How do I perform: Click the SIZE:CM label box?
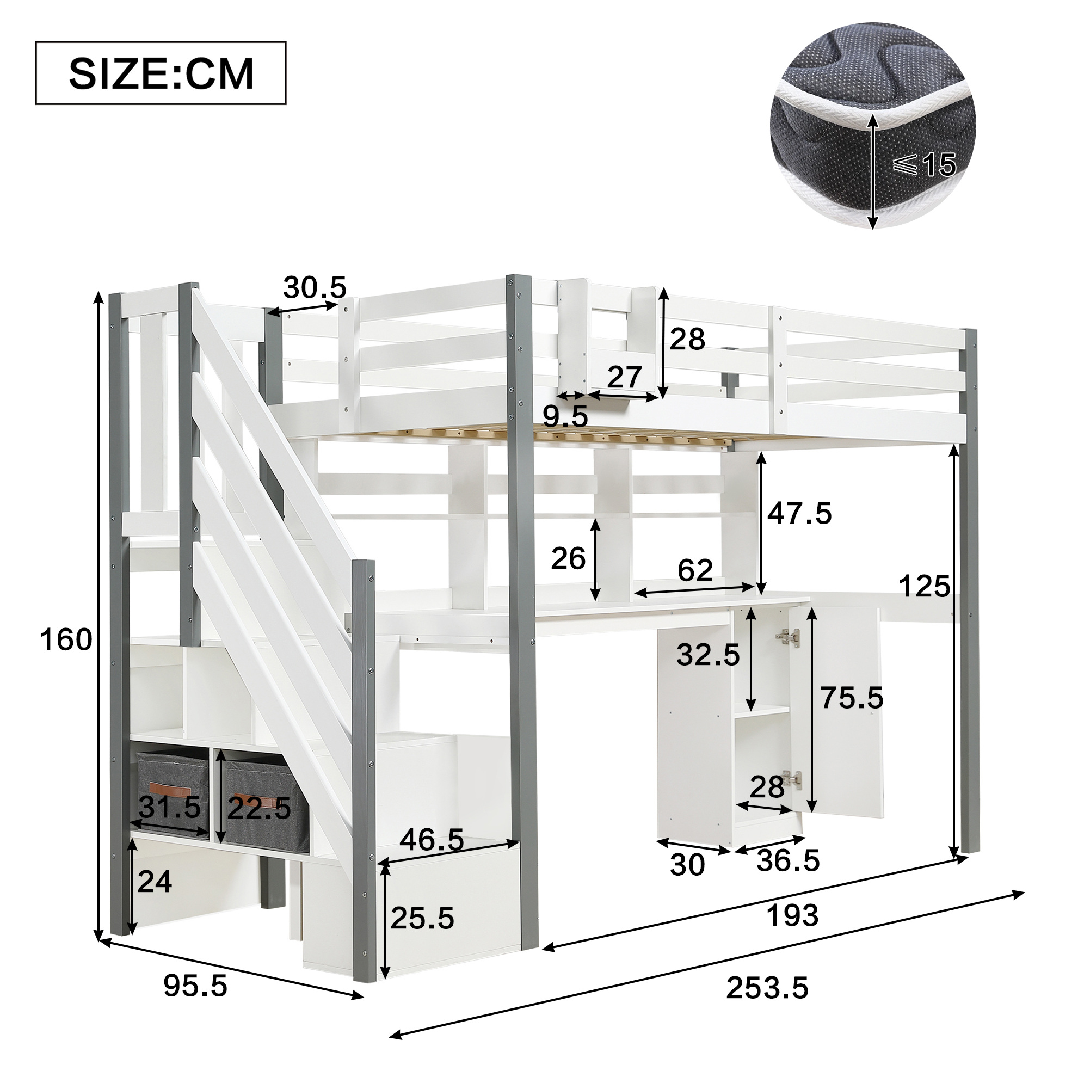[161, 73]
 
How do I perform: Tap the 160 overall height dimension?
[66, 640]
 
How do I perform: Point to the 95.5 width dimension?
[196, 986]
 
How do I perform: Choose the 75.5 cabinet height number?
[852, 698]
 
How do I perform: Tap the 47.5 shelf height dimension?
[799, 513]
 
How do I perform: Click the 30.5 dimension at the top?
[315, 288]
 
